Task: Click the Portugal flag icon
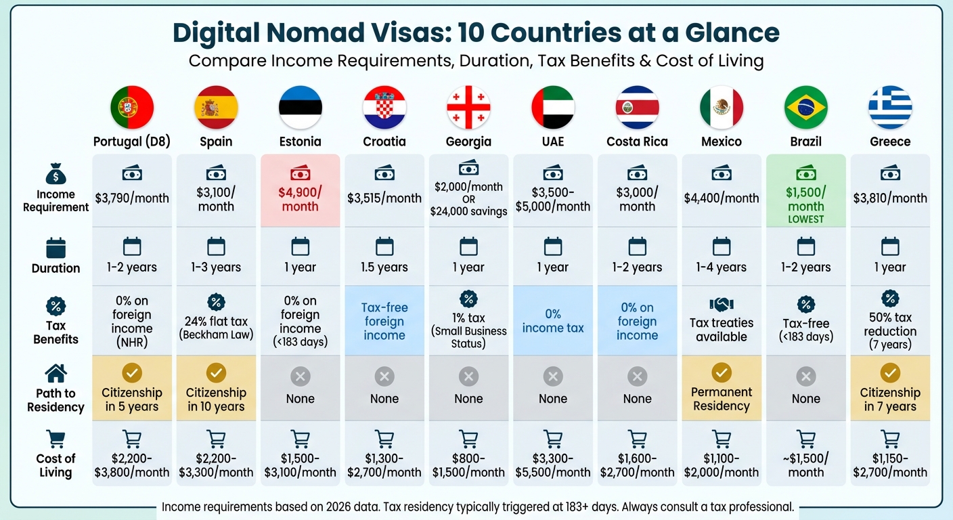pyautogui.click(x=132, y=108)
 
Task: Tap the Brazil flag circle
pyautogui.click(x=805, y=108)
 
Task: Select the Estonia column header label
pyautogui.click(x=300, y=142)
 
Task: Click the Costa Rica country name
pyautogui.click(x=637, y=142)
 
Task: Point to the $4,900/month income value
pyautogui.click(x=300, y=199)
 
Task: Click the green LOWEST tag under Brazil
pyautogui.click(x=805, y=219)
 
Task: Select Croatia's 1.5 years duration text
pyautogui.click(x=384, y=267)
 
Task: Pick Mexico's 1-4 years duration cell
pyautogui.click(x=721, y=267)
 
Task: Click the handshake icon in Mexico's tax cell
pyautogui.click(x=721, y=305)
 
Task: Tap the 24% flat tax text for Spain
pyautogui.click(x=216, y=322)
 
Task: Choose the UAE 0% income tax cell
pyautogui.click(x=552, y=321)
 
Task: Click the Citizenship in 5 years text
pyautogui.click(x=132, y=399)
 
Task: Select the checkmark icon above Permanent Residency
pyautogui.click(x=721, y=372)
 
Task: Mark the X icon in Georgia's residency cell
pyautogui.click(x=468, y=376)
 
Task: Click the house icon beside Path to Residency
pyautogui.click(x=56, y=373)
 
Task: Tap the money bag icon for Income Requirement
pyautogui.click(x=56, y=176)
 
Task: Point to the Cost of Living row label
pyautogui.click(x=56, y=465)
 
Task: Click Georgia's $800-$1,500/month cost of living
pyautogui.click(x=468, y=465)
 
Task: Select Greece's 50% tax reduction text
pyautogui.click(x=890, y=324)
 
